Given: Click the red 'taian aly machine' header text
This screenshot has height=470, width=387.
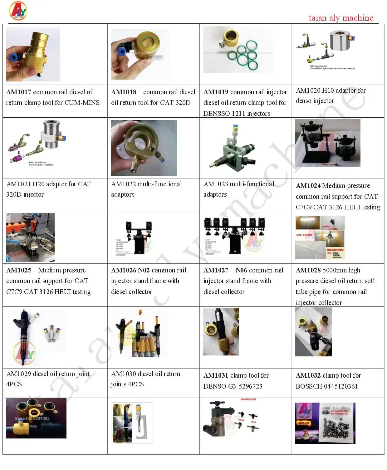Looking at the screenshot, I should [x=341, y=18].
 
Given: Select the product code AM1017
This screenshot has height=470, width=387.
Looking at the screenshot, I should [x=19, y=92].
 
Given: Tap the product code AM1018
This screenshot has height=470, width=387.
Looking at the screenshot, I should [x=124, y=92].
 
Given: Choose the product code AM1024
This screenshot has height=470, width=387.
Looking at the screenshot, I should [x=308, y=186].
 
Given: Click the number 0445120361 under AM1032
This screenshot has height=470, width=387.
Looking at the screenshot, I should [x=340, y=386].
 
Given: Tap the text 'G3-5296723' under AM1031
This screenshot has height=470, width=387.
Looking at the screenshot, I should [x=245, y=386].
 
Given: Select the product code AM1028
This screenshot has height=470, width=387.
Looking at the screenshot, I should [x=308, y=270].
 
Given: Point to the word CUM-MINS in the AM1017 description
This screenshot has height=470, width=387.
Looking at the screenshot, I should [x=82, y=103].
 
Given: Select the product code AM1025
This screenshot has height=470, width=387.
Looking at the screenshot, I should [x=19, y=270].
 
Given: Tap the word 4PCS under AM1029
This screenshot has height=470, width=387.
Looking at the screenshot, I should [x=14, y=384].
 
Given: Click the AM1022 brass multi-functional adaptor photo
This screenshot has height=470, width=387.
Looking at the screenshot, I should [x=144, y=148].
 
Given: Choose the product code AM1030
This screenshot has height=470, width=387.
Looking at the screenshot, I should [x=124, y=374].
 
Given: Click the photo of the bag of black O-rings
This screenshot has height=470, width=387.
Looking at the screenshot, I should [x=325, y=423].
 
